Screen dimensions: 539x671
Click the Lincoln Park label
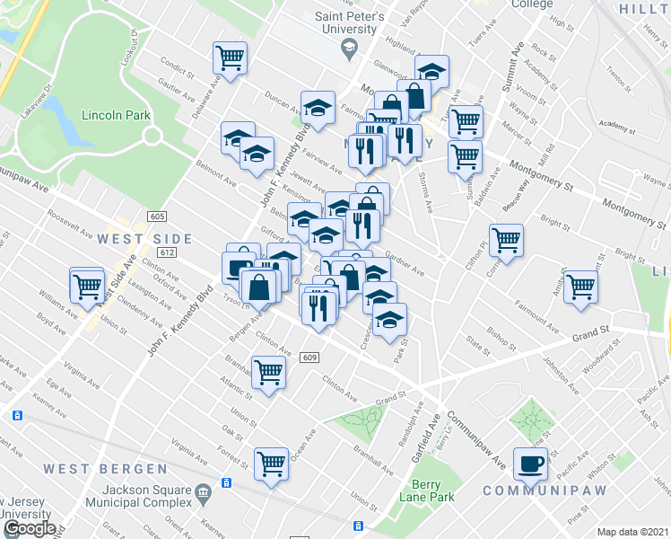pos(114,115)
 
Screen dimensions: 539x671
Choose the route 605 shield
pos(158,217)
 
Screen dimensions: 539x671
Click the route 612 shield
pos(168,252)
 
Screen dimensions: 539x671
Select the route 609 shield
pos(310,358)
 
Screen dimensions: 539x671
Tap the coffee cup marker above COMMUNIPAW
pos(530,463)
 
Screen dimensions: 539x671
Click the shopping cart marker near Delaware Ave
pos(231,58)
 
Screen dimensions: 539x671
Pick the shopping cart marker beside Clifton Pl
pos(506,240)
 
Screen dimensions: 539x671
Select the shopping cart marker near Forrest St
pos(270,464)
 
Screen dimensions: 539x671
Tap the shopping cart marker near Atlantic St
pos(268,371)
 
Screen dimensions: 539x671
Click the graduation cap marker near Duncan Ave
pos(318,108)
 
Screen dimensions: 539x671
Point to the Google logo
pos(30,528)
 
